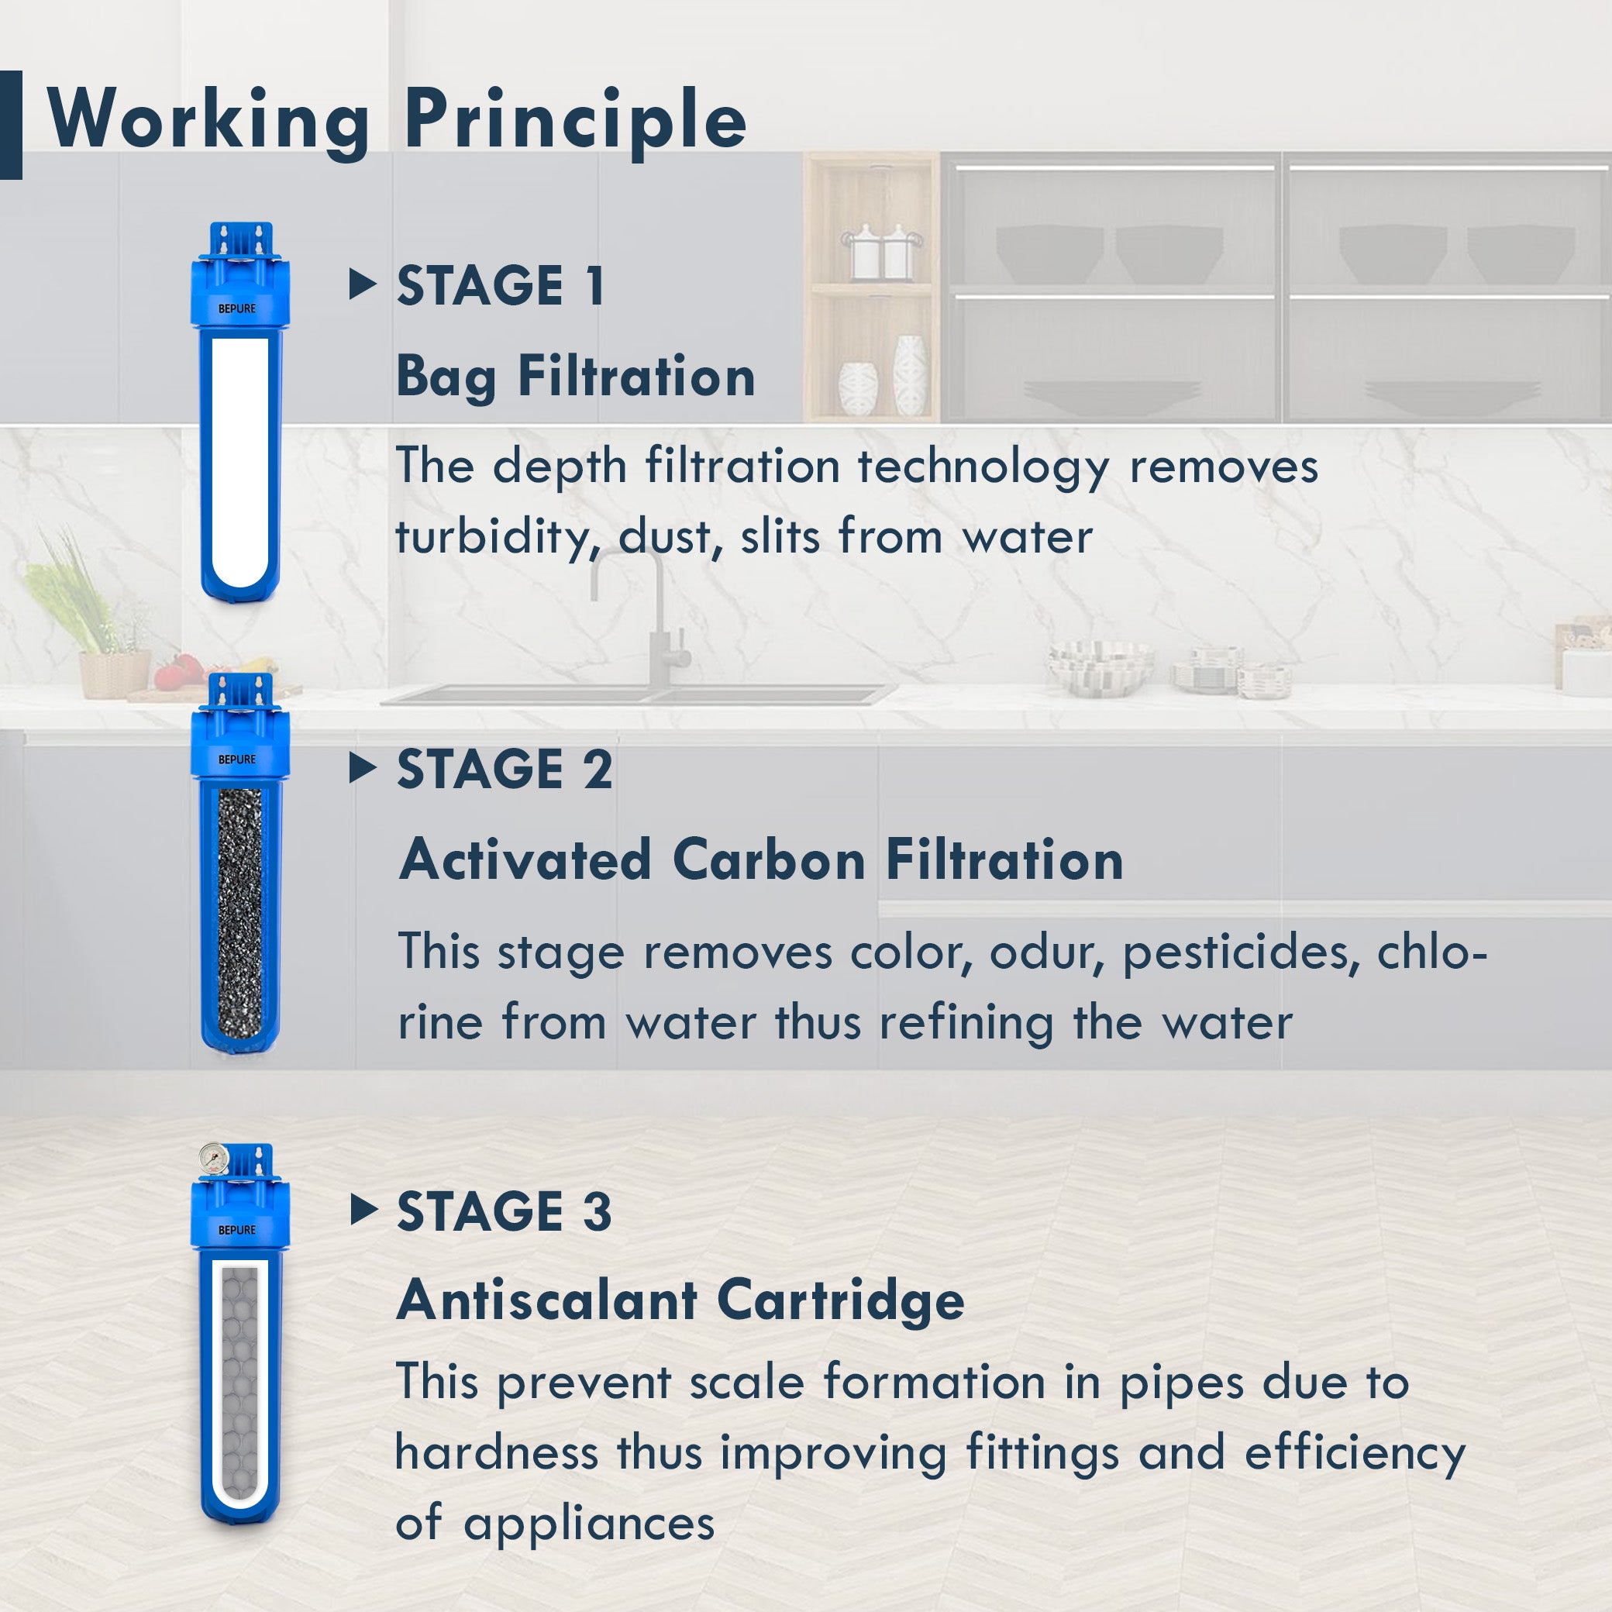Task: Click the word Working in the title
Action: pos(208,121)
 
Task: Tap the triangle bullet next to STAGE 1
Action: pos(362,284)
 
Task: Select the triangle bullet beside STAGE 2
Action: pos(362,767)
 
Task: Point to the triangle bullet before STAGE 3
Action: pos(362,1209)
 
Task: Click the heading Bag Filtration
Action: pos(576,377)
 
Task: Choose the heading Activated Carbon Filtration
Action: pos(761,860)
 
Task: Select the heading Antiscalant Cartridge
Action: pos(680,1302)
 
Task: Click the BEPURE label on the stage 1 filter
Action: pos(237,308)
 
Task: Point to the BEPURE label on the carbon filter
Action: pos(237,759)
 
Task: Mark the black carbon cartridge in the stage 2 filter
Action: pos(239,909)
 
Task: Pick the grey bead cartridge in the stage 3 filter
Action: pos(239,1385)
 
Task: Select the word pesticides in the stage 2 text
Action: pos(1235,952)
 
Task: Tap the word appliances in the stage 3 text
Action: pos(589,1524)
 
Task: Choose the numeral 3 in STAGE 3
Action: pos(598,1211)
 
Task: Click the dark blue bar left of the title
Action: pos(11,125)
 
